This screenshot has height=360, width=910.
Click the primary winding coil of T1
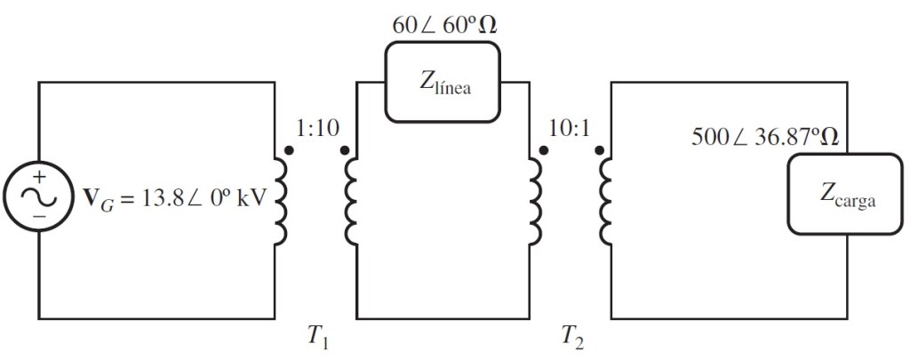(x=280, y=199)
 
